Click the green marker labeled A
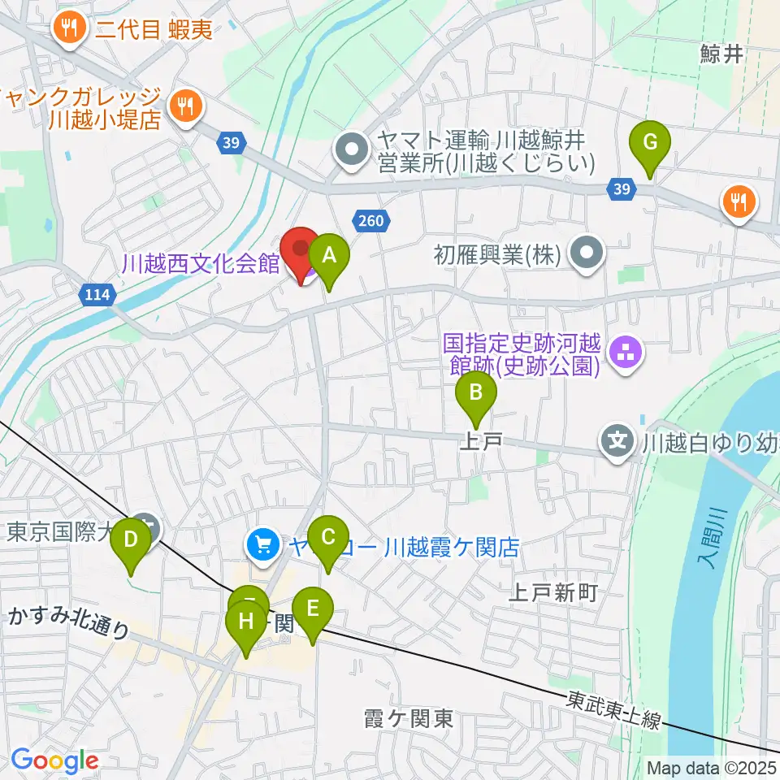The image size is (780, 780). [x=329, y=257]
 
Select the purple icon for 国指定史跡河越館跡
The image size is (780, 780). [x=626, y=354]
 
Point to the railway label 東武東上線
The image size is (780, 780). [x=614, y=708]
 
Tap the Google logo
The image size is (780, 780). [x=54, y=760]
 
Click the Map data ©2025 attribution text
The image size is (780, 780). [x=710, y=767]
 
